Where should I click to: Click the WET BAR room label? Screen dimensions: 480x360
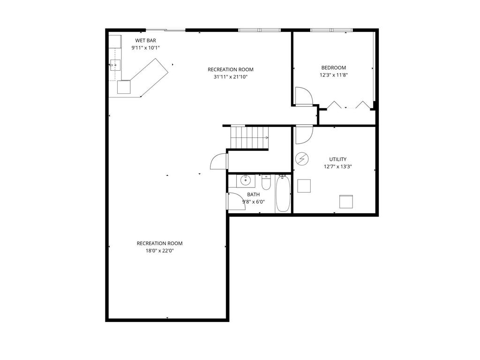146,40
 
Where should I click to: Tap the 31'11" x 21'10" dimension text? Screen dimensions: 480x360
231,77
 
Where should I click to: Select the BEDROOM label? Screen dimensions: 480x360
334,67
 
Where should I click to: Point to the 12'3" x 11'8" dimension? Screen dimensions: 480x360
334,75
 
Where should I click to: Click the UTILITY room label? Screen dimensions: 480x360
338,159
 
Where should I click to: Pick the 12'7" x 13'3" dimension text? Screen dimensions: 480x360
338,166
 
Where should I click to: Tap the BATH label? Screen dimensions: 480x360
254,195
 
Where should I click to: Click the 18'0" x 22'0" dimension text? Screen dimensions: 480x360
160,251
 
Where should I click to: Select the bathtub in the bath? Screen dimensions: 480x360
283,194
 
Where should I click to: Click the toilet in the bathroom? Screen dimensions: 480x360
266,182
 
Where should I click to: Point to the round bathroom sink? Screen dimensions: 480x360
246,180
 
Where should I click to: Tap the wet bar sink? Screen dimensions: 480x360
115,65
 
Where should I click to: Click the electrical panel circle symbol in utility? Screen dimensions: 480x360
302,159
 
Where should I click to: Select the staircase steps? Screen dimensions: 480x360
249,137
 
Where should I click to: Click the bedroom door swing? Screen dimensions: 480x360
303,97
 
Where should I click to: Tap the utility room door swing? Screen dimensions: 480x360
304,135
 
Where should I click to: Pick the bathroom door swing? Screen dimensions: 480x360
236,201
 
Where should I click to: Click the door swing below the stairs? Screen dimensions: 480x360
219,161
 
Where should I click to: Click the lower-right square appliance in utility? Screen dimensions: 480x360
346,202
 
